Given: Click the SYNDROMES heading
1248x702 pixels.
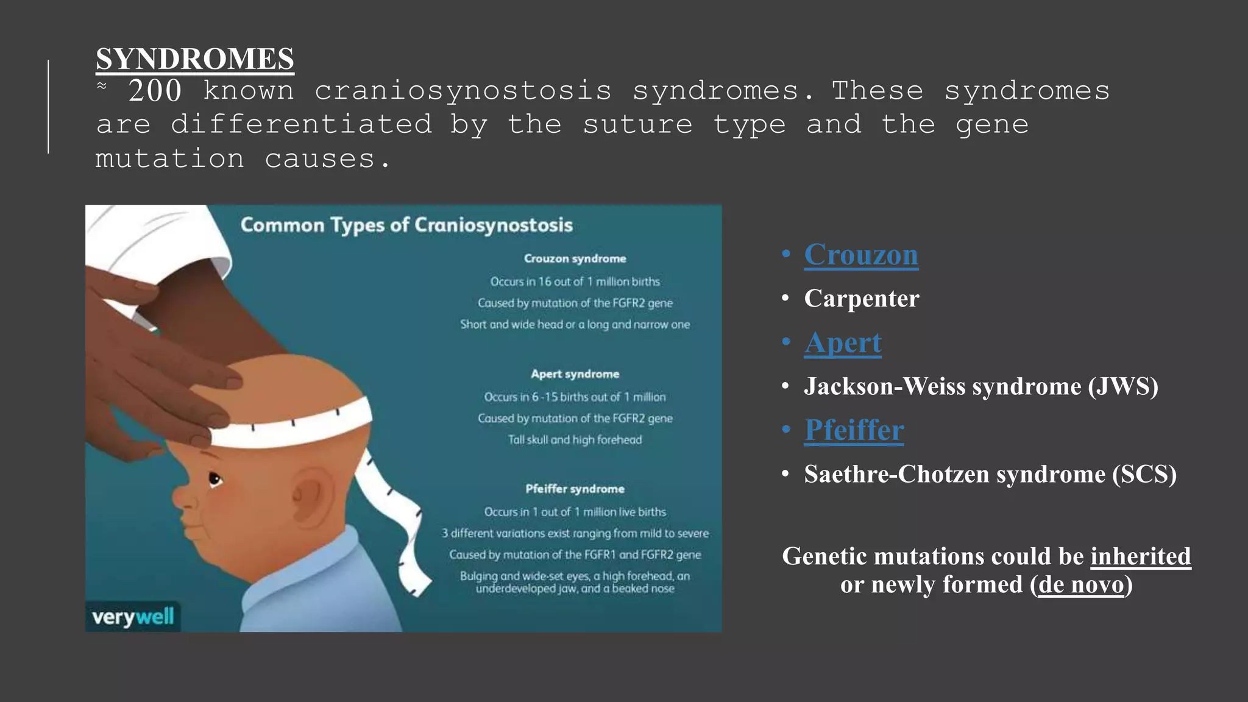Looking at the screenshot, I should point(195,59).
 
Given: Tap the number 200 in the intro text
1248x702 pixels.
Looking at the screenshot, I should point(155,91).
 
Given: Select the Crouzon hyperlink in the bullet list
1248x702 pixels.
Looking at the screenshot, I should point(860,255).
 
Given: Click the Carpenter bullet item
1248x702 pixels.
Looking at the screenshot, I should point(861,299).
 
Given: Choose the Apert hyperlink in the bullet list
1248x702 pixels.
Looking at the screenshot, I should point(842,342).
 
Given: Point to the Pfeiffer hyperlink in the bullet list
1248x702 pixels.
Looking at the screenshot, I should point(854,430).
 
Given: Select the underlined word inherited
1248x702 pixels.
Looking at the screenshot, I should point(1140,556).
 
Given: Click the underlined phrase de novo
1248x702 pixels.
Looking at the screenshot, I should point(1081,584).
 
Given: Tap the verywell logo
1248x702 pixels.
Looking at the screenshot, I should point(133,617).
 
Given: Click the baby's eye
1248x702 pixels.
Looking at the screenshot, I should point(215,479).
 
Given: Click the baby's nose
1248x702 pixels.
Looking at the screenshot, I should point(182,497).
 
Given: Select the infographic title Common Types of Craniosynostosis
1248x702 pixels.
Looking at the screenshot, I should point(406,225).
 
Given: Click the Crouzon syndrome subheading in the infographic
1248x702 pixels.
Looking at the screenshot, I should point(575,258).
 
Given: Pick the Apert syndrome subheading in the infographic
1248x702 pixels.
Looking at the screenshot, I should point(575,374).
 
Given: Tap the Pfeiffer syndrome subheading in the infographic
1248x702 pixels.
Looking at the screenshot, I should point(575,489).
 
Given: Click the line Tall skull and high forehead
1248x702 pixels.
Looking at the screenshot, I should point(575,439).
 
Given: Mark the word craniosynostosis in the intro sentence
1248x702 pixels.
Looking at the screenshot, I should point(463,91).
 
